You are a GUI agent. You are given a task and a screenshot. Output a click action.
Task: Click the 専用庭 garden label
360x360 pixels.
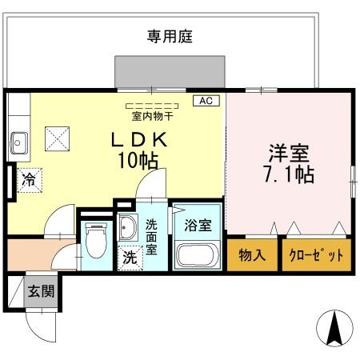coord(170,36)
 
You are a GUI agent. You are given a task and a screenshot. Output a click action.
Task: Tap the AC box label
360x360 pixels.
coord(205,101)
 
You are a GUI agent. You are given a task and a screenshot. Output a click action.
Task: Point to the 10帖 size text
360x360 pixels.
coord(138,158)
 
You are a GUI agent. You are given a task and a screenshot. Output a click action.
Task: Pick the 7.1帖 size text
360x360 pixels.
coord(289,174)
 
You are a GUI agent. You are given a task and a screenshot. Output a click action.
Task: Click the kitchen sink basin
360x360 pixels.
coord(18,145)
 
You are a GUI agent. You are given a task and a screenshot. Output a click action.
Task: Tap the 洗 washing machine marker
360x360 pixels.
coord(129,258)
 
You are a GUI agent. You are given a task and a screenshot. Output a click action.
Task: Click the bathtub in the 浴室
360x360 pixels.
coord(196,255)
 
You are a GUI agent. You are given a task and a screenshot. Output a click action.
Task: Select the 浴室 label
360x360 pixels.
coord(198,225)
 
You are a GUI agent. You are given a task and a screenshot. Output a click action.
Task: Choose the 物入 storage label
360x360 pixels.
coord(251,256)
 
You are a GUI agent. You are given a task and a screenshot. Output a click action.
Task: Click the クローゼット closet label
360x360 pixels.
coord(315,256)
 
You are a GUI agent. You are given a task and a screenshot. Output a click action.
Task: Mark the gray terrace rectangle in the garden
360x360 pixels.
coord(170,71)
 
